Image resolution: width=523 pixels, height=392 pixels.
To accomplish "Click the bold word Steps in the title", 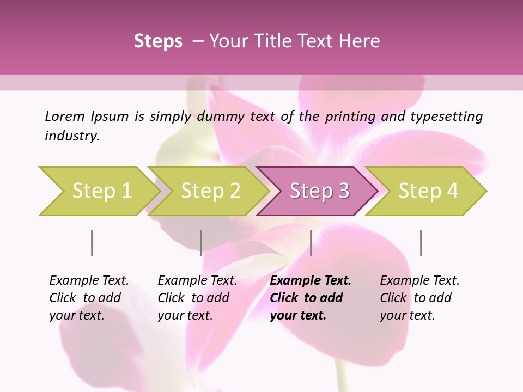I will coord(158,41).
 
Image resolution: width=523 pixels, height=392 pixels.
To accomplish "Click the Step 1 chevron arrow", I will coord(98,191).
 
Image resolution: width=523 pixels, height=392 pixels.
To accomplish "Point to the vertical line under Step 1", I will coord(92,243).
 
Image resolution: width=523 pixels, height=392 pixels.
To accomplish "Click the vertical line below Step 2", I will coord(201,243).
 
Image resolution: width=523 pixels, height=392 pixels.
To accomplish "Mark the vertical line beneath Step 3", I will coord(311,243).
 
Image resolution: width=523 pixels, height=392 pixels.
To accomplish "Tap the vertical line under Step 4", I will coord(421,243).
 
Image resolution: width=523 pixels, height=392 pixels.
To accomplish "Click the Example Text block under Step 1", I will coord(88,298).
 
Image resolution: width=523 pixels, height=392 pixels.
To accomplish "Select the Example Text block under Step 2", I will coord(197,298).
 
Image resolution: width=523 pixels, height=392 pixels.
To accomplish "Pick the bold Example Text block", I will coord(310,298).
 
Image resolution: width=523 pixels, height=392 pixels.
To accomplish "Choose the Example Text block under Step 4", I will coord(419,298).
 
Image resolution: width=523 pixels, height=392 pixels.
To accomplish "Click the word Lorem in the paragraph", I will coord(65,116).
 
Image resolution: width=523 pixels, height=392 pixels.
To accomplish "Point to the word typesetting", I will coord(446,116).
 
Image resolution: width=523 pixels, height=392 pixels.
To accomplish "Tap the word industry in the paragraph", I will coord(72,136).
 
